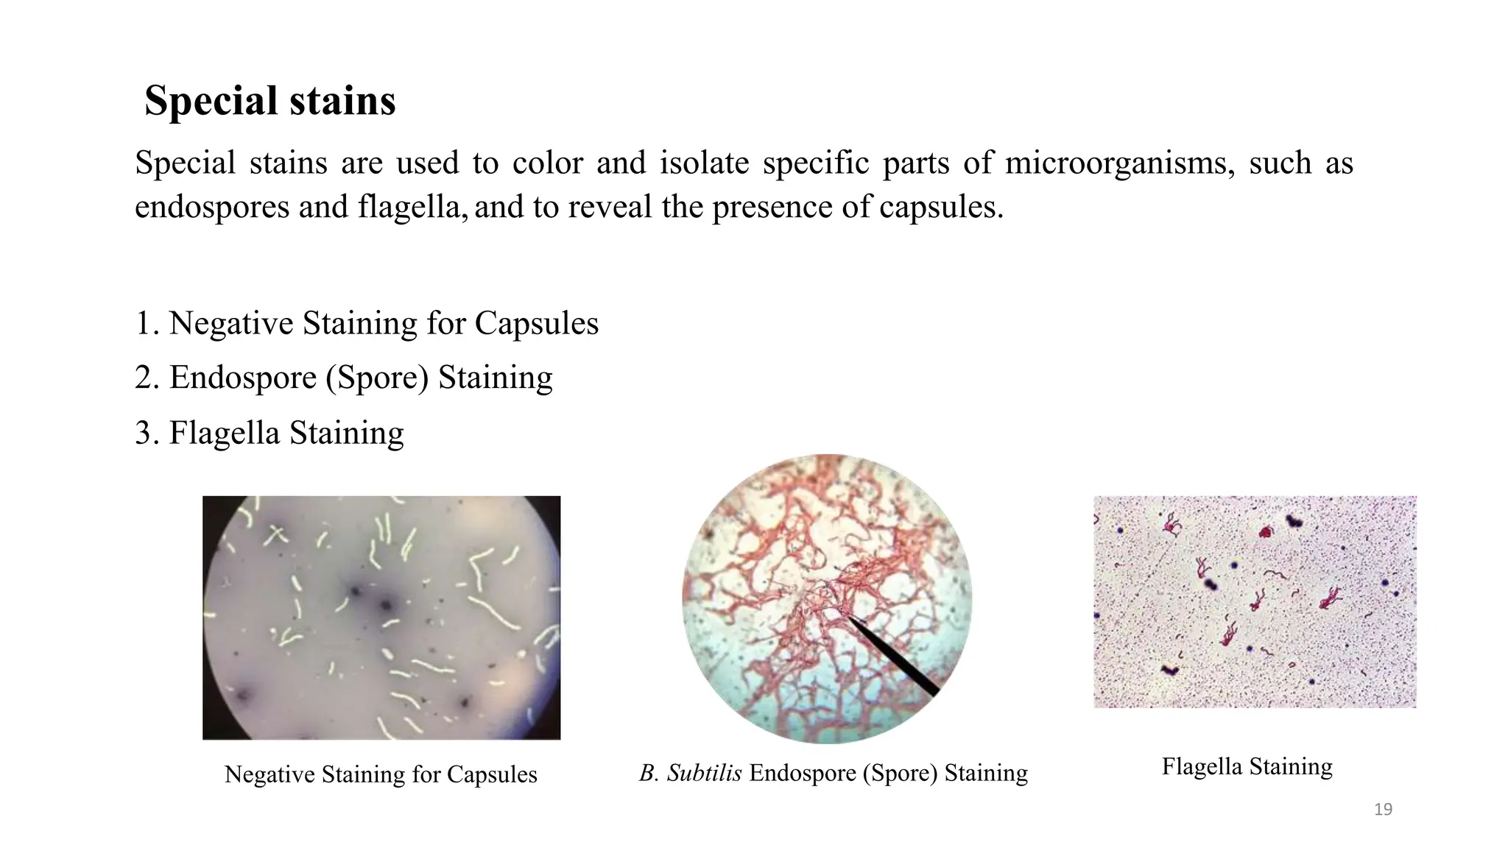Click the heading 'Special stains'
tap(269, 101)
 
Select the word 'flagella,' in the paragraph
tap(413, 207)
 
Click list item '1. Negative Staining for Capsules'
tap(367, 323)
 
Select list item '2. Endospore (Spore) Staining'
tap(343, 378)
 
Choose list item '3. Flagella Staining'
tap(269, 433)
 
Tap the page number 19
tap(1383, 810)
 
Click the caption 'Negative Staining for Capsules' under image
tap(381, 774)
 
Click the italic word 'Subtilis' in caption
tap(704, 773)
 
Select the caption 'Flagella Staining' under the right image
tap(1247, 766)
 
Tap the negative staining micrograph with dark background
tap(381, 618)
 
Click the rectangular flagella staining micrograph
tap(1254, 601)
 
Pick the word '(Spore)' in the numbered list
tap(377, 378)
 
